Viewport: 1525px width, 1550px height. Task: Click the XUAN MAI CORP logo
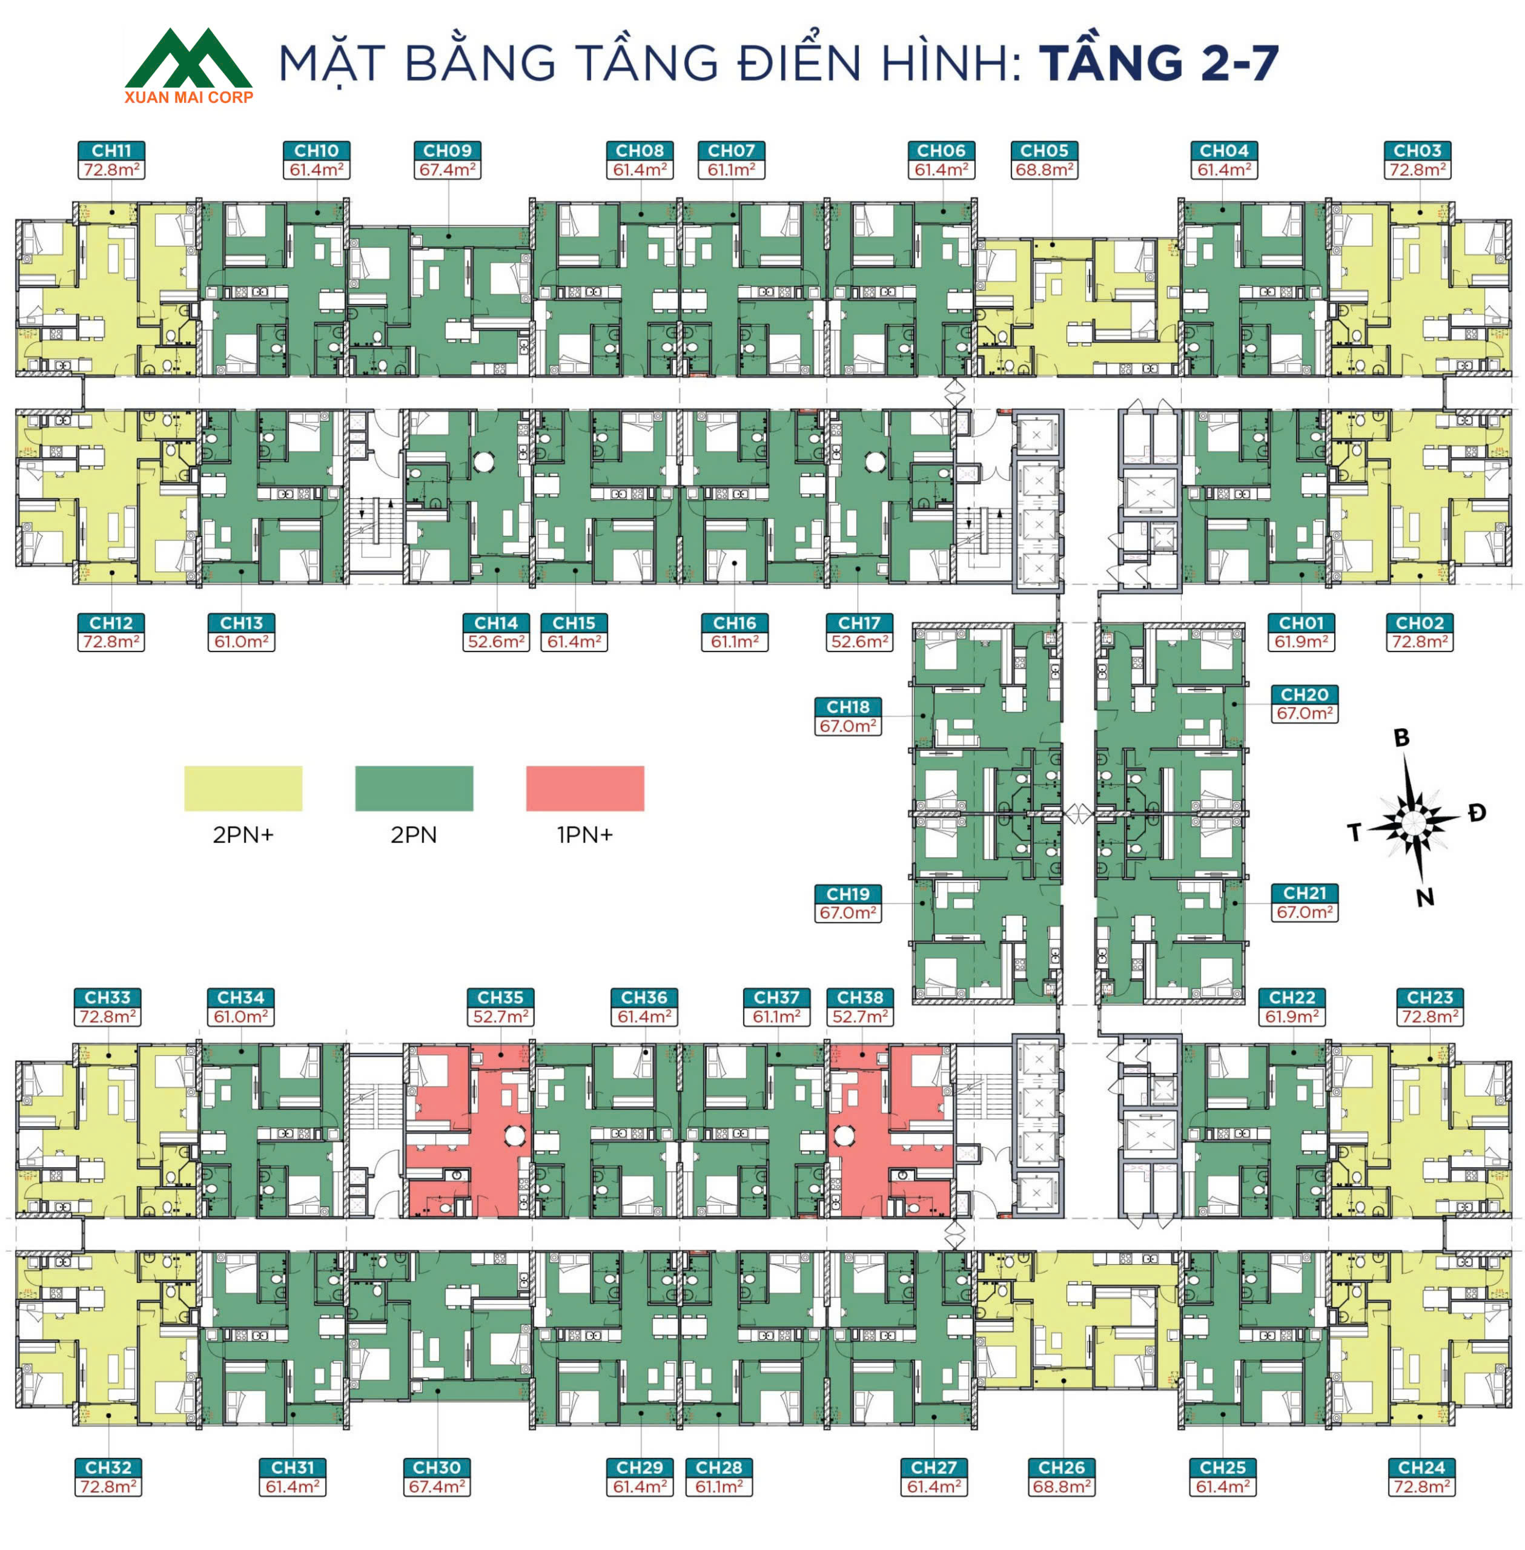(x=189, y=65)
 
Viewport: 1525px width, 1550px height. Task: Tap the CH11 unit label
(x=111, y=151)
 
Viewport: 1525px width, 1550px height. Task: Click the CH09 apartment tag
(x=448, y=151)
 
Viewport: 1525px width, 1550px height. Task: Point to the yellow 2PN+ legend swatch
(x=243, y=788)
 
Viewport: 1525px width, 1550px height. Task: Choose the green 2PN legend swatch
(x=414, y=788)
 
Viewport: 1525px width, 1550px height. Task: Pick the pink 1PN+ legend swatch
(x=584, y=788)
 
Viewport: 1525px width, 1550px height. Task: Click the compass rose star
(x=1414, y=820)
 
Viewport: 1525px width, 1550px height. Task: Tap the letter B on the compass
(x=1401, y=737)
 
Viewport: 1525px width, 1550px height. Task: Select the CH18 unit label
(x=849, y=707)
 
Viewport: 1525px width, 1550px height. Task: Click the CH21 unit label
(x=1305, y=892)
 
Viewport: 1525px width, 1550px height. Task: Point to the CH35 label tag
(x=501, y=998)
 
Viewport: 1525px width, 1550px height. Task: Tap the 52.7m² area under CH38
(x=860, y=1017)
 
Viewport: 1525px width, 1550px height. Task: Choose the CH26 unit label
(x=1061, y=1468)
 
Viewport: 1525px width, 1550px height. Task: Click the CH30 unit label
(x=437, y=1468)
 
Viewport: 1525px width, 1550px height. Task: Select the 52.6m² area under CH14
(x=497, y=642)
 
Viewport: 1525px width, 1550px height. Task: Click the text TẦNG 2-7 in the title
(x=1159, y=62)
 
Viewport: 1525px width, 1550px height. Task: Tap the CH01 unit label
(x=1302, y=623)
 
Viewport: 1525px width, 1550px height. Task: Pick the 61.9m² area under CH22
(x=1292, y=1017)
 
